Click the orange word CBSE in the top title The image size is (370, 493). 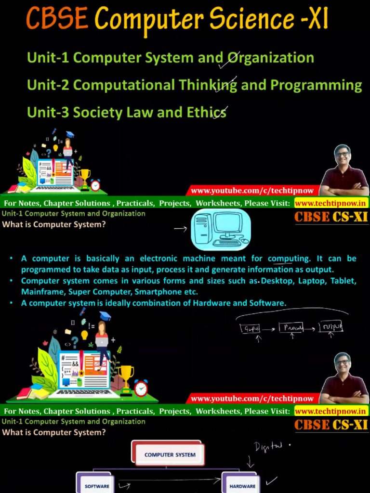[x=57, y=19]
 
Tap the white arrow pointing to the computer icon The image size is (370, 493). [x=180, y=229]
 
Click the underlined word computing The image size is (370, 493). [x=289, y=259]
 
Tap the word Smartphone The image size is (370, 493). [x=159, y=292]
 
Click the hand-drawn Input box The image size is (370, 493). [x=250, y=329]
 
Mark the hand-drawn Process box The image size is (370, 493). [x=292, y=328]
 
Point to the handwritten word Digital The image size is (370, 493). [x=268, y=447]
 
